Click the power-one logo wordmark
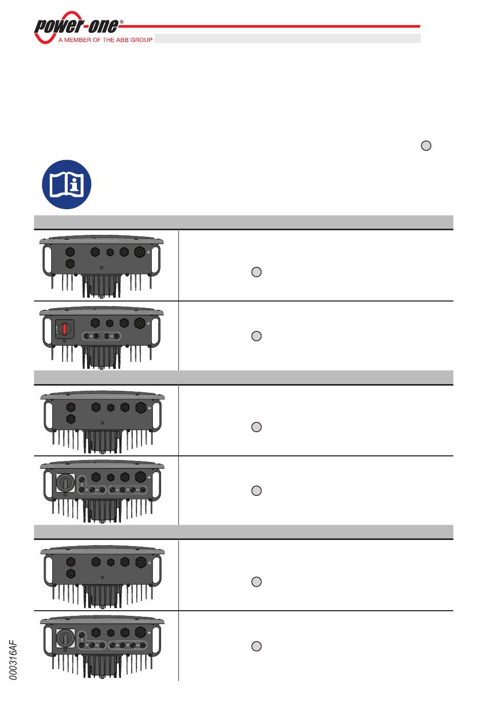point(76,26)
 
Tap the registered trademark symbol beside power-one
point(121,22)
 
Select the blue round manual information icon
point(67,184)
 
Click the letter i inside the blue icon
point(74,185)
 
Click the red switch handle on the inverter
point(65,329)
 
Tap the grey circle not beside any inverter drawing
point(426,146)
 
